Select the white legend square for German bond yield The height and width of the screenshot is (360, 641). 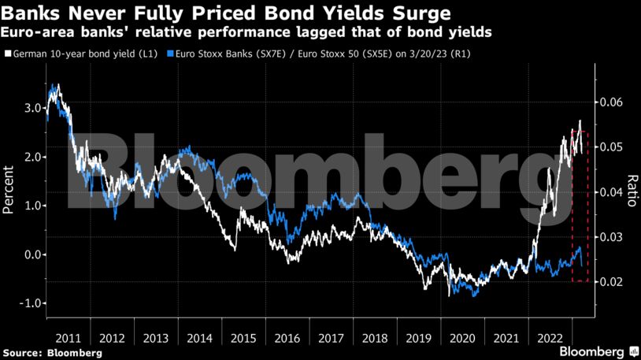8,54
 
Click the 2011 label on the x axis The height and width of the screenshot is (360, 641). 68,337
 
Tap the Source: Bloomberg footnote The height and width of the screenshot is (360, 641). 52,352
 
